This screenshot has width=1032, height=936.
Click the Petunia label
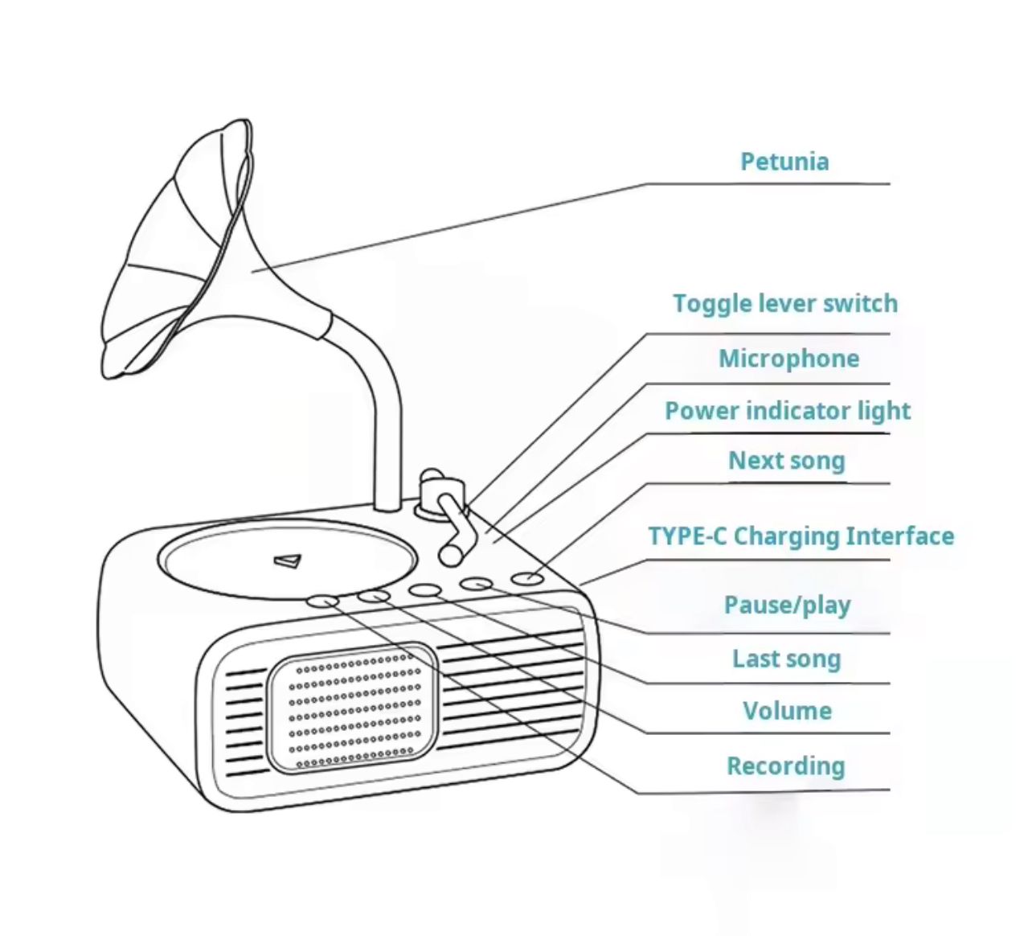(x=784, y=162)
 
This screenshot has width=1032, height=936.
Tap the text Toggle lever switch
(x=785, y=304)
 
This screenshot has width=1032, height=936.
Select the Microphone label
(x=788, y=359)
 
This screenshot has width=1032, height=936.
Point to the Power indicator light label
(x=788, y=411)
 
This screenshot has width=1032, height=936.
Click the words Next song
(x=787, y=461)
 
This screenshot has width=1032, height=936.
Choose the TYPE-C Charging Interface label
(x=801, y=536)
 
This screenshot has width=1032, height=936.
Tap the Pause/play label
(x=787, y=605)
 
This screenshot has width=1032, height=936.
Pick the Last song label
(x=787, y=659)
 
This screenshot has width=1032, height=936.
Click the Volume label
(x=787, y=711)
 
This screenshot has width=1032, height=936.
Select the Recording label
(x=785, y=766)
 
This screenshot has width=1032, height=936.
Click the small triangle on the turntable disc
(x=288, y=560)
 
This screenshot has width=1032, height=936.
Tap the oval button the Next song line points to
(x=527, y=578)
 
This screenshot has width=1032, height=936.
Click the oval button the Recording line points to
(x=323, y=601)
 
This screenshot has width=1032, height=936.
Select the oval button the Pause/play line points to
(x=477, y=584)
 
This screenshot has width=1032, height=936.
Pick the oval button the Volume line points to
(x=375, y=596)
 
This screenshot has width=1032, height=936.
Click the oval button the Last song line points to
(x=426, y=589)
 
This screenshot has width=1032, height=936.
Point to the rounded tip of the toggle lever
(x=450, y=555)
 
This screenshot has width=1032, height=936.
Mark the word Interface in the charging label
(x=900, y=536)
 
